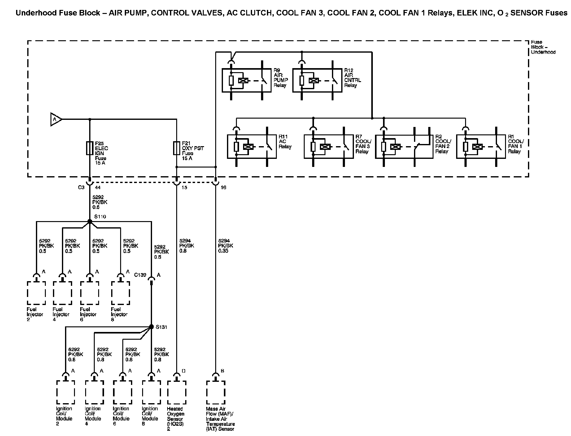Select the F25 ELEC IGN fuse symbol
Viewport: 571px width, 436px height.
click(x=90, y=148)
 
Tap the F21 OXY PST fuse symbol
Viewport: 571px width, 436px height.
click(x=177, y=148)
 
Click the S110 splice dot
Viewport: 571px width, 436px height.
click(x=90, y=221)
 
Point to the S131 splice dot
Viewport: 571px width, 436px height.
click(x=151, y=327)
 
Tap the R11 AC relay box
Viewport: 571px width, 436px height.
click(x=252, y=146)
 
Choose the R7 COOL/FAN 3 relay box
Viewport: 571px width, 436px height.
click(x=329, y=146)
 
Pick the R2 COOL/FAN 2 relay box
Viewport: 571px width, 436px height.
click(x=404, y=146)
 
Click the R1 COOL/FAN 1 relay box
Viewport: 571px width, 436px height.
click(x=481, y=146)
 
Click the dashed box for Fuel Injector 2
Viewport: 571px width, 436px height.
click(x=37, y=293)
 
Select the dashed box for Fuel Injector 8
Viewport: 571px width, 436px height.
click(x=120, y=293)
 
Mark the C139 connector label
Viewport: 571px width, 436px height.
click(x=140, y=275)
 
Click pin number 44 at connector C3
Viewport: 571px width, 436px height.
click(x=98, y=188)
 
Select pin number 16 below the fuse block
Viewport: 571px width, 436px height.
click(x=224, y=188)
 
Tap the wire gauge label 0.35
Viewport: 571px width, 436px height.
click(x=223, y=251)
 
